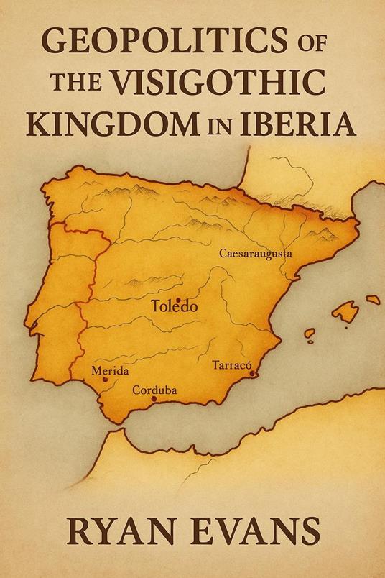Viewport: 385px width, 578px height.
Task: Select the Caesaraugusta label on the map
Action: pos(255,254)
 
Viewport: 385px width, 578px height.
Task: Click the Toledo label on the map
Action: pos(174,306)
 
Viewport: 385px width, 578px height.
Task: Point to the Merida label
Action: pos(111,371)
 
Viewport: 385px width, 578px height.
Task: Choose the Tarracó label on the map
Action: pos(230,366)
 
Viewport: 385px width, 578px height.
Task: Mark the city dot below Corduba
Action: pos(153,399)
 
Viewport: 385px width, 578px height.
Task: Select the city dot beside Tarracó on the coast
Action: pos(251,373)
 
